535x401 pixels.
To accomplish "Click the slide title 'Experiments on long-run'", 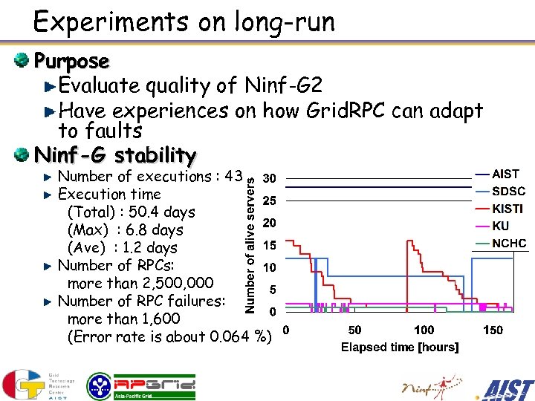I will pyautogui.click(x=184, y=22).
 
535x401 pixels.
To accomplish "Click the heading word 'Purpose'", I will pyautogui.click(x=71, y=61).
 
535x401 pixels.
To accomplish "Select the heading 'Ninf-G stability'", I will pyautogui.click(x=115, y=156).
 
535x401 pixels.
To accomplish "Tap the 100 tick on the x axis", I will pyautogui.click(x=424, y=330).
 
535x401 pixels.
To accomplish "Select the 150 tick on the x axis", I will pyautogui.click(x=493, y=330).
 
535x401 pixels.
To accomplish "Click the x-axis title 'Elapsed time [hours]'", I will pyautogui.click(x=400, y=347).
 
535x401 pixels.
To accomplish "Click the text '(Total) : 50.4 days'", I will pyautogui.click(x=131, y=212).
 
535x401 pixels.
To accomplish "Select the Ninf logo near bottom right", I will pyautogui.click(x=426, y=385).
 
